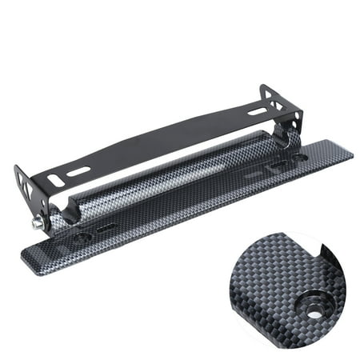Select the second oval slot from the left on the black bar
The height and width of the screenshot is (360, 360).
point(78,171)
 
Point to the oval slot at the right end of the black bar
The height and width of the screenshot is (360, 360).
point(257,111)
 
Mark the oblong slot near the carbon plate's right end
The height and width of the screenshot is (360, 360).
point(279,165)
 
